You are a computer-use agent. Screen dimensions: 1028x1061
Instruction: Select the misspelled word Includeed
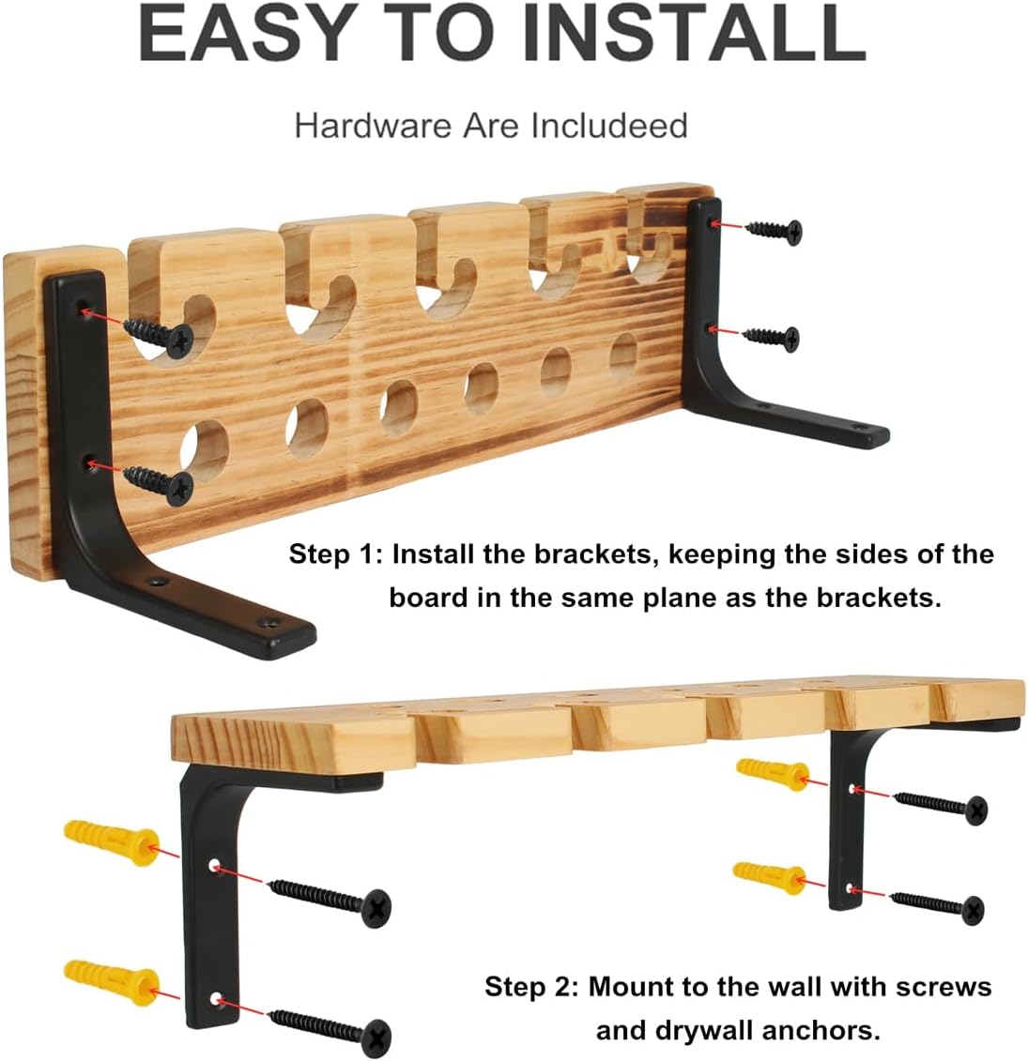pos(608,127)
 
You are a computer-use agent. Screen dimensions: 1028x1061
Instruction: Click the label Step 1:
pos(336,554)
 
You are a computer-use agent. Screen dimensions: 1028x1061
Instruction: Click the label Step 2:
pos(531,987)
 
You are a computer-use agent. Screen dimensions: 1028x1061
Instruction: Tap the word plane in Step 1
pos(680,599)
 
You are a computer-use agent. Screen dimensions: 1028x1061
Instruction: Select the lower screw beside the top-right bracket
pos(772,337)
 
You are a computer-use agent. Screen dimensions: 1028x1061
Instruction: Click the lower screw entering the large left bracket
pos(160,482)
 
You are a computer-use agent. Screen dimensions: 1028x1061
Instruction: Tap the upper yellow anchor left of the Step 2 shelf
pos(112,841)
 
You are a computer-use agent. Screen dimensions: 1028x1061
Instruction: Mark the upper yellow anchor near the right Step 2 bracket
pos(773,774)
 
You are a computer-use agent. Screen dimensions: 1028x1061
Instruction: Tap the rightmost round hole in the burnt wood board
pos(624,356)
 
